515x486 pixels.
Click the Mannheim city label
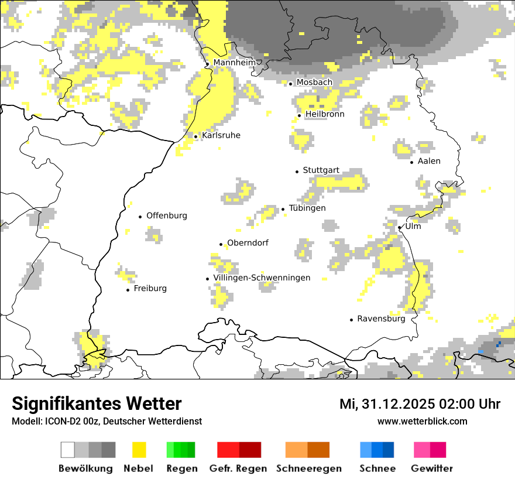tap(235, 63)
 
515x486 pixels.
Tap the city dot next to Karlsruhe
tap(195, 136)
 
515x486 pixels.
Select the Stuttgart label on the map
tap(321, 170)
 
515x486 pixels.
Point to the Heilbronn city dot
tap(299, 115)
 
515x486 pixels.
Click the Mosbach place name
tap(314, 83)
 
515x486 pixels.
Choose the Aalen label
tap(429, 161)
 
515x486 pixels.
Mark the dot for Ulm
tap(399, 228)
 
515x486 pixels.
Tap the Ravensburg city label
tap(381, 319)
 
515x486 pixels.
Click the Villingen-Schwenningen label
tap(262, 278)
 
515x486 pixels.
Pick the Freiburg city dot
tap(128, 290)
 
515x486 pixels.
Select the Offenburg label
tap(167, 215)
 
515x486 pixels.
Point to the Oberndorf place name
tap(248, 243)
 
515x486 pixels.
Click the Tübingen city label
tap(307, 208)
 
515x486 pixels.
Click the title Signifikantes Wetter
tap(97, 404)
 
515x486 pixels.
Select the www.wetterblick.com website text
tap(422, 421)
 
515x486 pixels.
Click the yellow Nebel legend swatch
tap(139, 450)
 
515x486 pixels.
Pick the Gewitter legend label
tap(432, 468)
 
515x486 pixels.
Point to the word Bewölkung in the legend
tap(85, 468)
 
